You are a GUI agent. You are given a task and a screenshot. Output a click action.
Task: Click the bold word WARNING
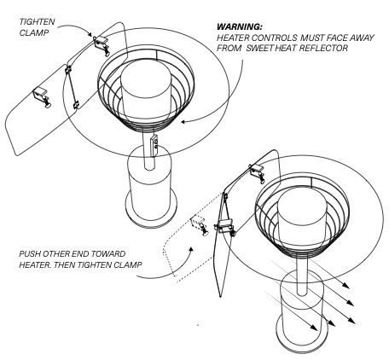[x=240, y=27]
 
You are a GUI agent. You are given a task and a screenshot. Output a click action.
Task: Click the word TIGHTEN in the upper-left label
[x=37, y=21]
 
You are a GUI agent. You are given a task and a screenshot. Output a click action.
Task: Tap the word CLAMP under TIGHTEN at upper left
[x=34, y=32]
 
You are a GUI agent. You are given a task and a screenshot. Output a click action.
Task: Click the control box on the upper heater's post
[x=154, y=145]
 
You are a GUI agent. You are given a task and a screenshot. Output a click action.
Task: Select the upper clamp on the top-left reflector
[x=102, y=45]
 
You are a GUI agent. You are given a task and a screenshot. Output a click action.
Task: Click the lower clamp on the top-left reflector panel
[x=42, y=97]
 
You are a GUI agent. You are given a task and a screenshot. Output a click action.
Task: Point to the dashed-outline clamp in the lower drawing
[x=199, y=224]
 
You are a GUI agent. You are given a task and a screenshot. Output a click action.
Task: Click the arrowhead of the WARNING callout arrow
[x=183, y=122]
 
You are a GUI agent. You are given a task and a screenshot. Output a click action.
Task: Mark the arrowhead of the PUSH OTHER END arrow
[x=191, y=249]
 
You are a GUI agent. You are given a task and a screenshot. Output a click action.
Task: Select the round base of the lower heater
[x=302, y=335]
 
